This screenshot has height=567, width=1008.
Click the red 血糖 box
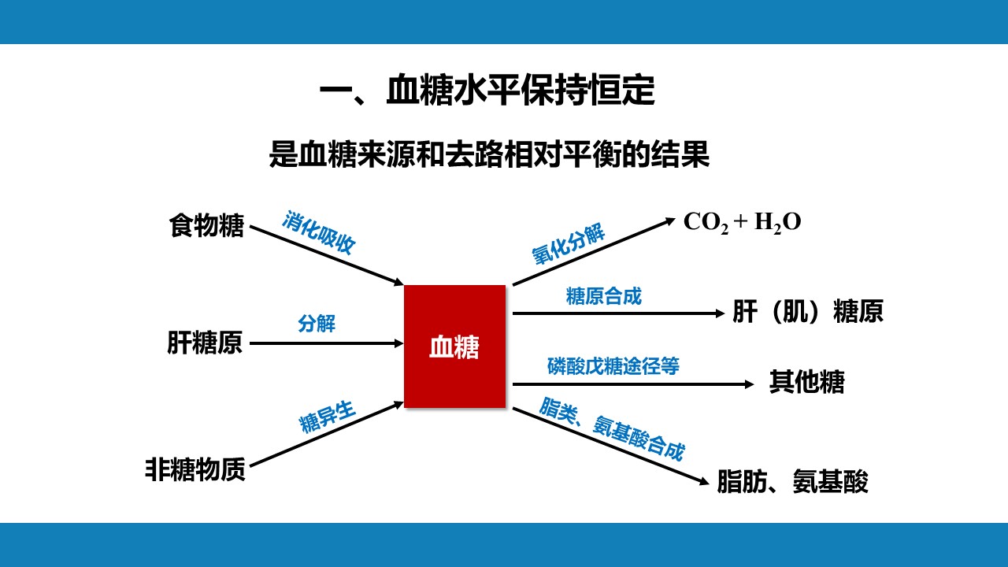(x=454, y=346)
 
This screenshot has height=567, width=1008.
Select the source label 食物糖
(x=206, y=225)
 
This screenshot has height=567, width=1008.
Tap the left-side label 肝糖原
(x=205, y=343)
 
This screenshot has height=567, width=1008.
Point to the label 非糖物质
(x=195, y=469)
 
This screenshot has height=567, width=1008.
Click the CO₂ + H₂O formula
(x=743, y=222)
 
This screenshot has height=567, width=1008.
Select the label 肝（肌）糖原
(x=808, y=311)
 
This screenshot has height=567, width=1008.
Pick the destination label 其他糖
(x=807, y=382)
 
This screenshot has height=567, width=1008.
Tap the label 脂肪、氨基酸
(x=792, y=481)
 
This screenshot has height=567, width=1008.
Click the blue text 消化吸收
(x=319, y=232)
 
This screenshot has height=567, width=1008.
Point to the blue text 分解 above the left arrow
(x=317, y=324)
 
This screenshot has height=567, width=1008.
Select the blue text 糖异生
(x=328, y=417)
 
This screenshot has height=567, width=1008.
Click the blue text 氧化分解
(x=569, y=244)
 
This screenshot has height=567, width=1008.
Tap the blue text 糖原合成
(x=603, y=297)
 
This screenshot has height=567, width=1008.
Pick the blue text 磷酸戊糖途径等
(x=613, y=366)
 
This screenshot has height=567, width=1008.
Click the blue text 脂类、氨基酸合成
(x=613, y=429)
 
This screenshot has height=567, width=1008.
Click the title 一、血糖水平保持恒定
(x=487, y=91)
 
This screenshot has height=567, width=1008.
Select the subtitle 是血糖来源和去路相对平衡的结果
(x=489, y=154)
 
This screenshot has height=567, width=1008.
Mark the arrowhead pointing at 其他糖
(x=749, y=384)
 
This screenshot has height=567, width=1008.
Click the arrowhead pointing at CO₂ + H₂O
(x=671, y=220)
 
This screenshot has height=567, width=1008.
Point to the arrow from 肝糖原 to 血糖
(x=326, y=343)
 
